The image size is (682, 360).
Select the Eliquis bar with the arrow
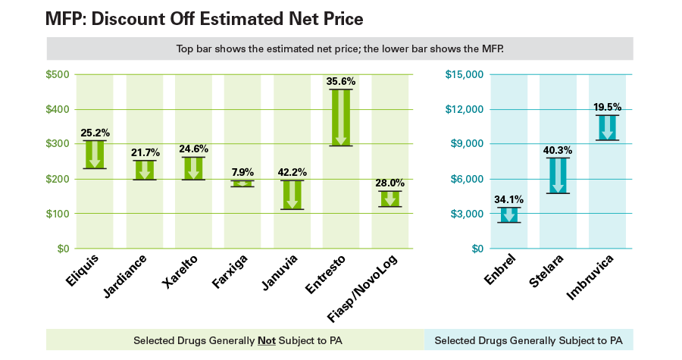point(95,155)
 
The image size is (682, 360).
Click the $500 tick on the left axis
point(58,74)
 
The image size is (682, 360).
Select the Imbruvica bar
point(607,127)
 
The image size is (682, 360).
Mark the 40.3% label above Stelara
point(558,150)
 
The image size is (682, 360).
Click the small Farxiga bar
point(242,183)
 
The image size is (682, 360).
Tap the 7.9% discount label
point(242,172)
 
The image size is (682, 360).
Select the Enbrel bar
point(508,214)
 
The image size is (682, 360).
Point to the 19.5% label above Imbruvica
point(607,107)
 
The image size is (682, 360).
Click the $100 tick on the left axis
point(58,214)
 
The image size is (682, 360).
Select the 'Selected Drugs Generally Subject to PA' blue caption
point(528,340)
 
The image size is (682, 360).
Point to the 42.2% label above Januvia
point(292,171)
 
